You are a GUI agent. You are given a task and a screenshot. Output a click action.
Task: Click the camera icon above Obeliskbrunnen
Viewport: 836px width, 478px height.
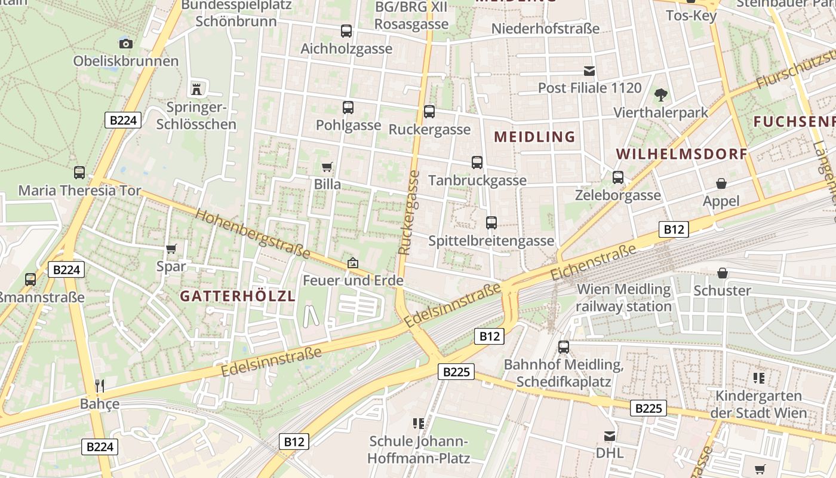click(x=125, y=43)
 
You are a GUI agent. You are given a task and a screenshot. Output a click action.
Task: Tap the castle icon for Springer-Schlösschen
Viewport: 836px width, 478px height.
click(x=196, y=90)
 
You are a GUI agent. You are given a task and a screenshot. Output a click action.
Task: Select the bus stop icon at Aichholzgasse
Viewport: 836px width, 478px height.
click(x=346, y=31)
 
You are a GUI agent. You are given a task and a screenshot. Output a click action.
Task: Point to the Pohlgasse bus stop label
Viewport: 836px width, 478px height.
click(x=348, y=125)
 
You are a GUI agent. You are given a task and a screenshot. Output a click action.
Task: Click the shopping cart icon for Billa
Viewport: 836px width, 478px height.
click(x=327, y=167)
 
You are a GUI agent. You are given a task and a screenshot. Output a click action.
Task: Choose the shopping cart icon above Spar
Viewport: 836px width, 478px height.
click(x=171, y=249)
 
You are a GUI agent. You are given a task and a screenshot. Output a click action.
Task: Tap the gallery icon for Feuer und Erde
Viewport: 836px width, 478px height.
click(x=353, y=263)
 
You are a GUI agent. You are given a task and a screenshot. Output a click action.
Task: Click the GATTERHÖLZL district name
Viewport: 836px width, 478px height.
click(x=238, y=296)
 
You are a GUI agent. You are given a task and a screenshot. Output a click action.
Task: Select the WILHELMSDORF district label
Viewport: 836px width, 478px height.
click(x=681, y=154)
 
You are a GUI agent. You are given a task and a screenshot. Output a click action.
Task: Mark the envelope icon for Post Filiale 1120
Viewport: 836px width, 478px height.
click(x=589, y=71)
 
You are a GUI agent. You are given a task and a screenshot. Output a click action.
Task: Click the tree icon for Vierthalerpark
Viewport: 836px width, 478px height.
click(x=660, y=94)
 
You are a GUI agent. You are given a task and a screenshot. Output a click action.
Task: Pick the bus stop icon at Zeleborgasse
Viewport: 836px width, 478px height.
click(x=618, y=177)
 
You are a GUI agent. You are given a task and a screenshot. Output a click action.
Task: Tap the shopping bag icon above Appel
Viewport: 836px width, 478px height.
click(x=721, y=183)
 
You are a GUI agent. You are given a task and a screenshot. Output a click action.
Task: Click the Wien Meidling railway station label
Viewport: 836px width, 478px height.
click(x=624, y=298)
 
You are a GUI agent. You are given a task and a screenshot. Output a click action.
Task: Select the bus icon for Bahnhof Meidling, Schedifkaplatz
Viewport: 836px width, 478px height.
click(x=564, y=347)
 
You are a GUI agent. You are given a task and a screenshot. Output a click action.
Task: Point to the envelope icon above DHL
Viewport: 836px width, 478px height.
click(x=610, y=436)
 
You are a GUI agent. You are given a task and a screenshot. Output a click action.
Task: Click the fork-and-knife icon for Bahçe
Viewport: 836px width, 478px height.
click(x=100, y=386)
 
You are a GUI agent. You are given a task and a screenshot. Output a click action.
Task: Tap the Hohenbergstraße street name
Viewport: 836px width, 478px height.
click(x=253, y=234)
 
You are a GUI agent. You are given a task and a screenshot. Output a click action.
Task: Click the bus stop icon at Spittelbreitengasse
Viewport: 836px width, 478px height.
click(x=491, y=223)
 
